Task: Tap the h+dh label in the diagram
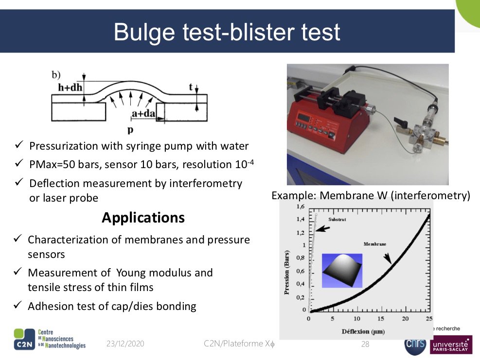[70, 87]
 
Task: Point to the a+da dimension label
[143, 114]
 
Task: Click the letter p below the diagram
[130, 130]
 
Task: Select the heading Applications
[143, 218]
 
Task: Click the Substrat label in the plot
[337, 219]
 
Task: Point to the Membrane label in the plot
[374, 244]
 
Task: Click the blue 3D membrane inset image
[342, 271]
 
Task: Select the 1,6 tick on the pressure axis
[301, 206]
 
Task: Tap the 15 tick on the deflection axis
[380, 319]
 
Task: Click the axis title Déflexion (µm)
[363, 331]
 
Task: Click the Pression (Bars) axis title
[287, 273]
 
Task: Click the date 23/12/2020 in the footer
[125, 344]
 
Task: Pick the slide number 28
[365, 344]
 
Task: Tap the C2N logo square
[24, 339]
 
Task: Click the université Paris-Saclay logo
[451, 345]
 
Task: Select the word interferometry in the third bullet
[205, 183]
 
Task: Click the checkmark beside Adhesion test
[18, 305]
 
